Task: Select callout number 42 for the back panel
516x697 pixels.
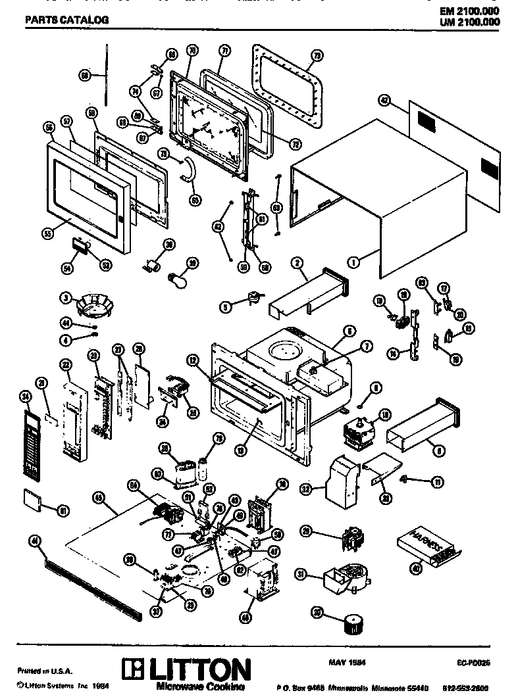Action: coord(385,100)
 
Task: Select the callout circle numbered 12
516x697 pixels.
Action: coord(193,360)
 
